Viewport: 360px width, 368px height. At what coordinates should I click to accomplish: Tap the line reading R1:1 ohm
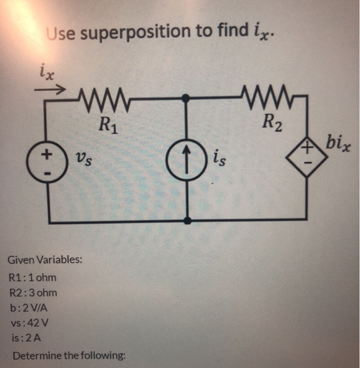33,277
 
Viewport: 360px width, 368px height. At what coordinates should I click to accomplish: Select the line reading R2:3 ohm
33,293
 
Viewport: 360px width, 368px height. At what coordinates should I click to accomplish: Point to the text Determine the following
69,356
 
